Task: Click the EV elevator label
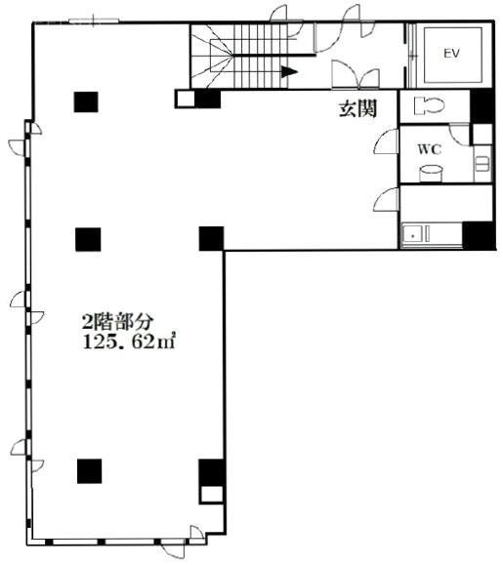pyautogui.click(x=451, y=54)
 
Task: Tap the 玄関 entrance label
pyautogui.click(x=357, y=108)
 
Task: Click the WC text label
pyautogui.click(x=430, y=149)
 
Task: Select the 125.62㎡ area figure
pyautogui.click(x=129, y=342)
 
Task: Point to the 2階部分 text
pyautogui.click(x=118, y=322)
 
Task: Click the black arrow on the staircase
pyautogui.click(x=289, y=71)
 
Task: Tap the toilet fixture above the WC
pyautogui.click(x=429, y=106)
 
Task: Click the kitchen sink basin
pyautogui.click(x=413, y=234)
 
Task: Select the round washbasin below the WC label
pyautogui.click(x=431, y=174)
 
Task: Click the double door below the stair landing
pyautogui.click(x=356, y=75)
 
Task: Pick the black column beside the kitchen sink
pyautogui.click(x=479, y=235)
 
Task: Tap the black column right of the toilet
pyautogui.click(x=482, y=106)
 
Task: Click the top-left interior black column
pyautogui.click(x=86, y=102)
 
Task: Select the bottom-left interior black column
pyautogui.click(x=90, y=471)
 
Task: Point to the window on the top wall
pyautogui.click(x=94, y=20)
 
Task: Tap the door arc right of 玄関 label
pyautogui.click(x=386, y=141)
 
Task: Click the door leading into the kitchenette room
pyautogui.click(x=386, y=200)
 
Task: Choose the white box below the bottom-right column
pyautogui.click(x=212, y=494)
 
